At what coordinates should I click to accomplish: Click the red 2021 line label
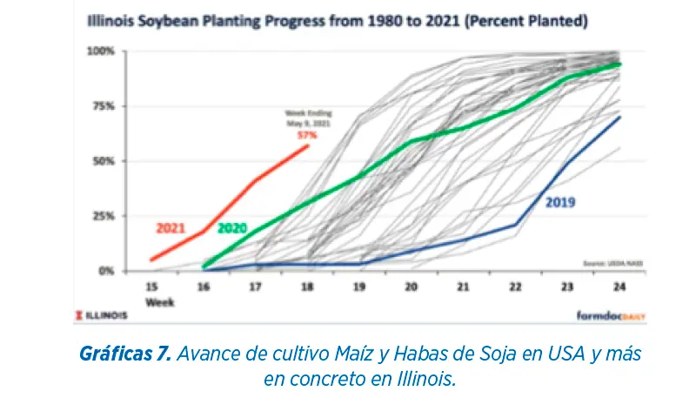[x=171, y=228]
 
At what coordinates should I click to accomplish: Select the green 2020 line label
[x=233, y=228]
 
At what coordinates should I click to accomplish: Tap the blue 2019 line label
[x=560, y=203]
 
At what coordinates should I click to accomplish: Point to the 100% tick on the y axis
[x=102, y=51]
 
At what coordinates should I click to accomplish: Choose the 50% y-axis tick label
[x=104, y=161]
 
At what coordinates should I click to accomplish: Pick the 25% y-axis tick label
[x=104, y=216]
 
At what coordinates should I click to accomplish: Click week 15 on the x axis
[x=152, y=286]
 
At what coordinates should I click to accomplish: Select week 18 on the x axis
[x=308, y=286]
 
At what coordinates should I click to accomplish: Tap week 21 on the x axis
[x=463, y=286]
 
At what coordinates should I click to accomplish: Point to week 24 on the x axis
[x=619, y=286]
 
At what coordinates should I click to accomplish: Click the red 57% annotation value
[x=305, y=136]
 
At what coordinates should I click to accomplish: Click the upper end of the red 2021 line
[x=308, y=145]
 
